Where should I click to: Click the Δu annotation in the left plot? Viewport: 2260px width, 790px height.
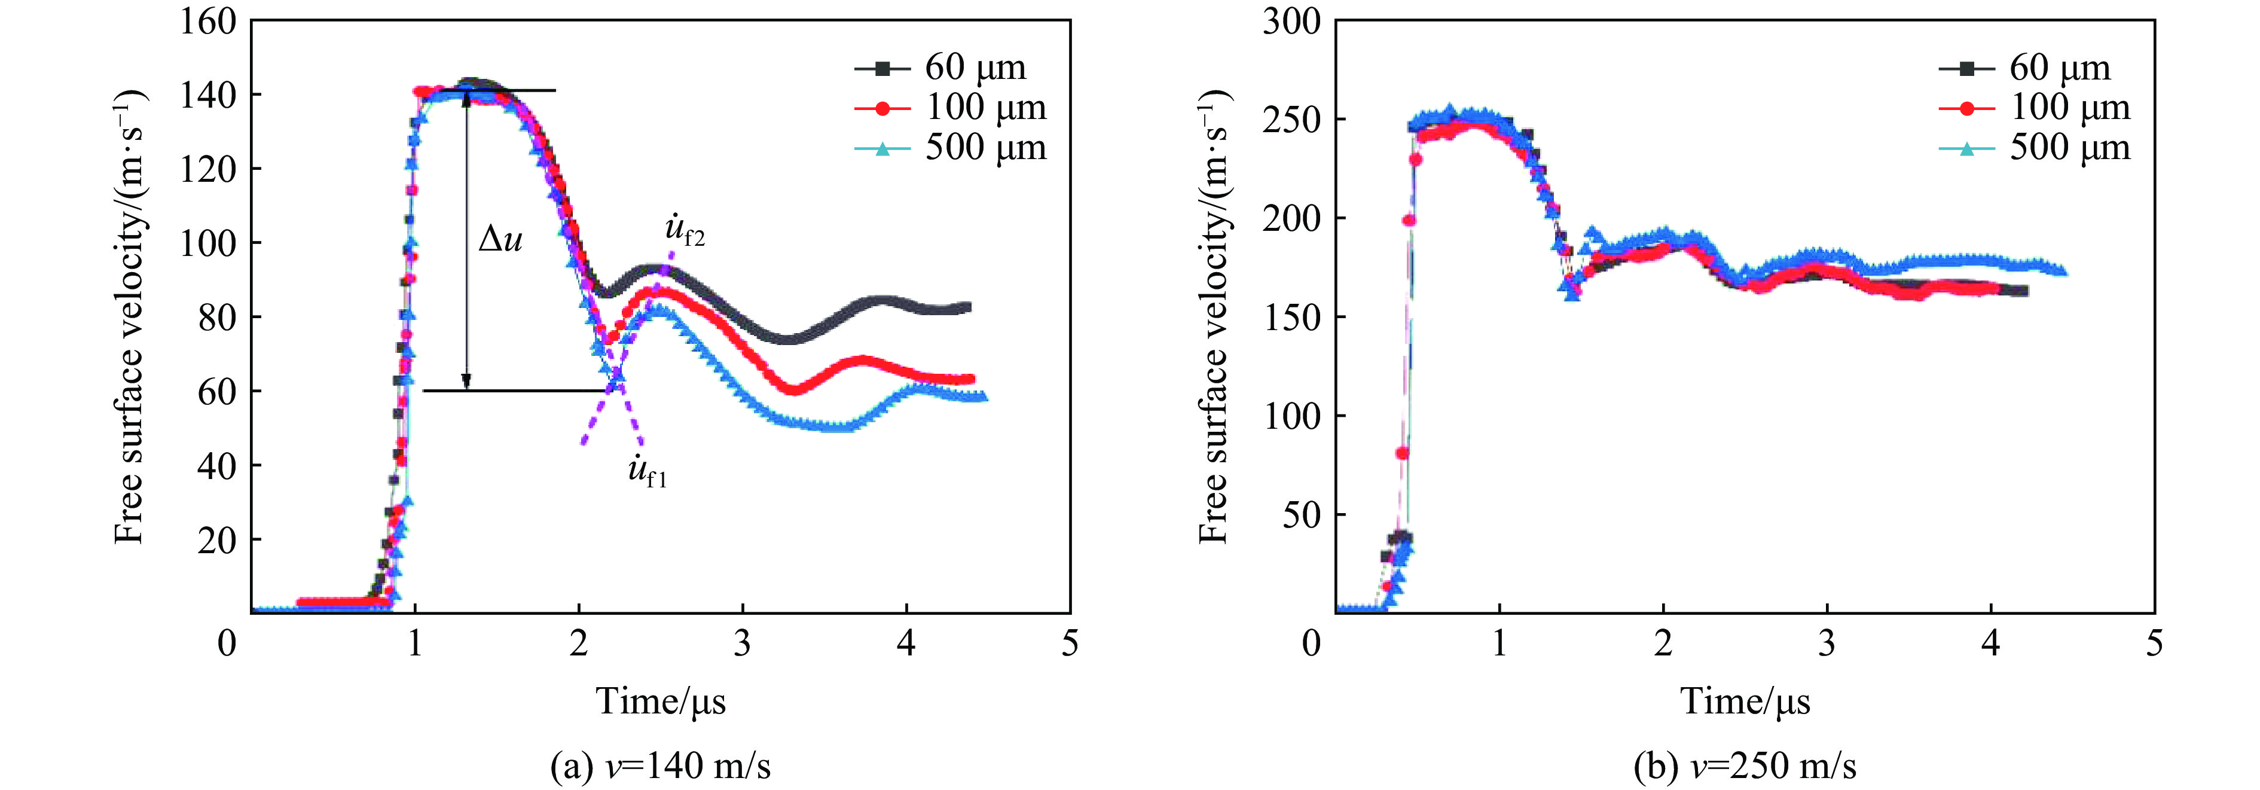500,239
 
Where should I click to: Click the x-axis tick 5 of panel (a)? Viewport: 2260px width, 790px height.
1070,643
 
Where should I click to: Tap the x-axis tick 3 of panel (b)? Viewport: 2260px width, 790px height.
1827,643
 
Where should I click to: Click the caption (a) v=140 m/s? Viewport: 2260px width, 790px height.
661,766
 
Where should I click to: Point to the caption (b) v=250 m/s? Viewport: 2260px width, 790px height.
1745,766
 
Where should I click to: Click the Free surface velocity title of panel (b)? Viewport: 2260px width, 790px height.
1214,316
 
